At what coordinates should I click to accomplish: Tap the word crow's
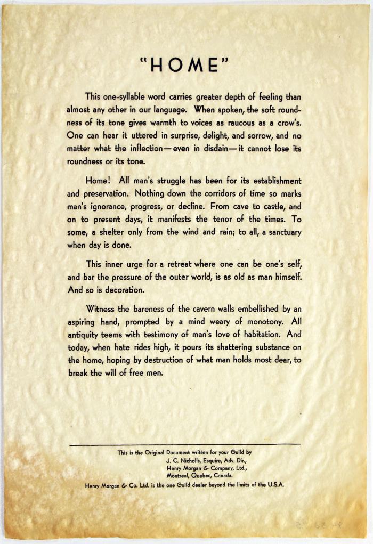[x=288, y=124]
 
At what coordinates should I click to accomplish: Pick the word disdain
[x=212, y=149]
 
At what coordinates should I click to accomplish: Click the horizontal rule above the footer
[x=184, y=444]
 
